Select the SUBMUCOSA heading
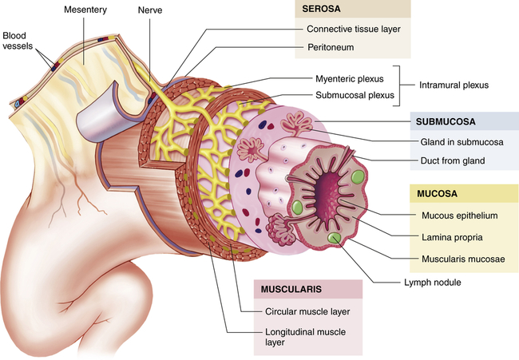[x=444, y=122]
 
